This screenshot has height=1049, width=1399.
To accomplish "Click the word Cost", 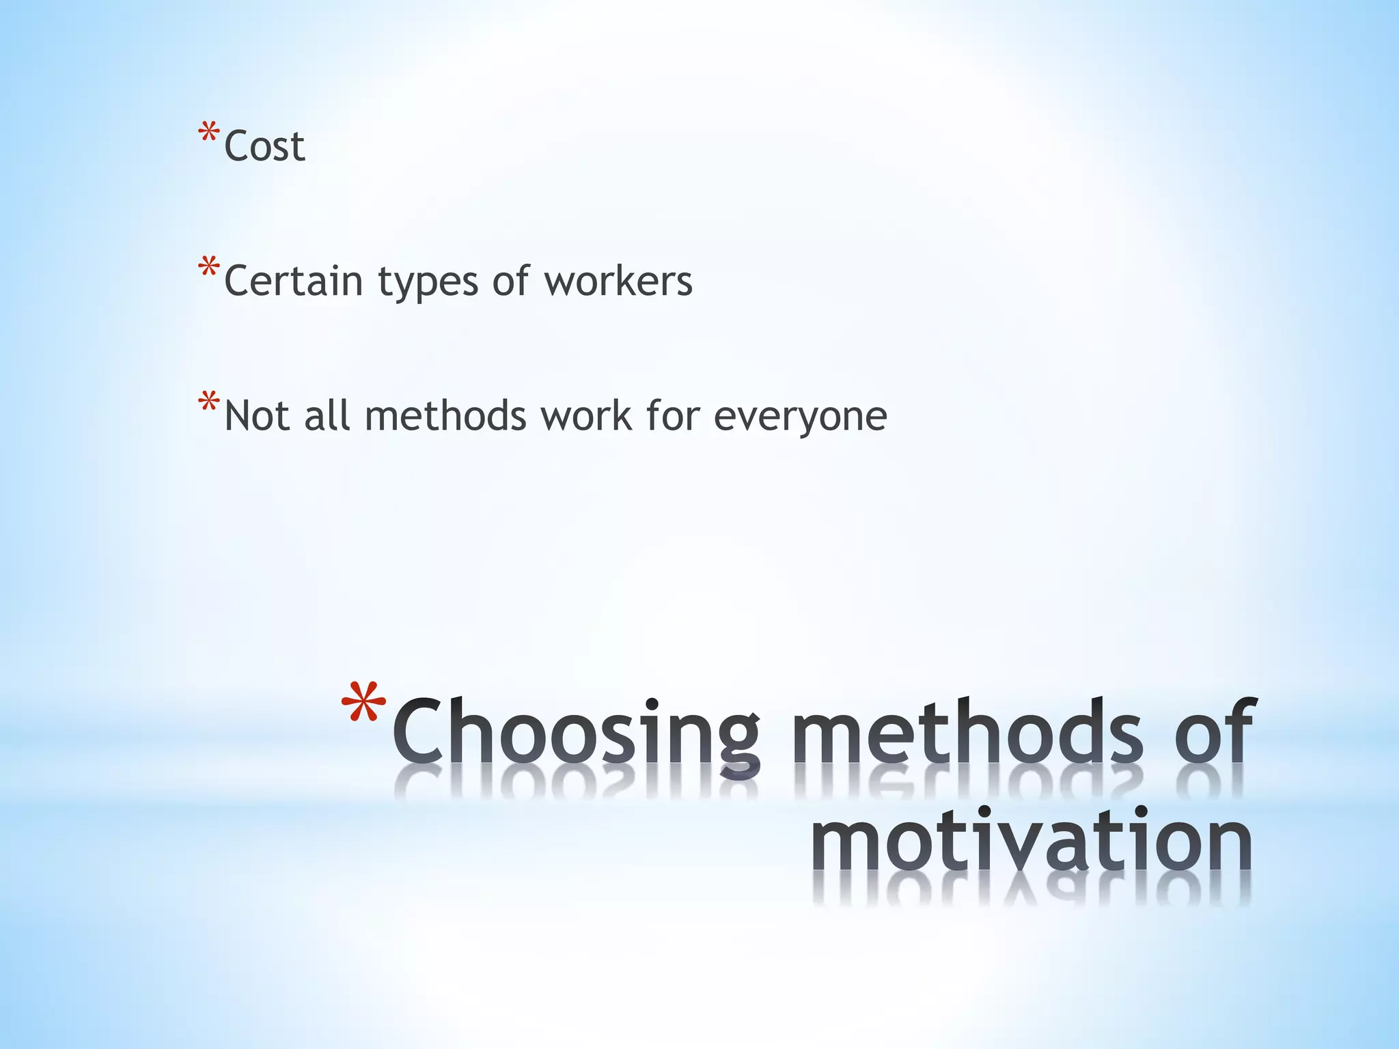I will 264,146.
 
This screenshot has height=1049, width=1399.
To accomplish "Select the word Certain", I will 293,281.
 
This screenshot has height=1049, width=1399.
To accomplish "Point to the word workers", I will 618,281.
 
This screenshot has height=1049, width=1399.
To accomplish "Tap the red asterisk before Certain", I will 208,268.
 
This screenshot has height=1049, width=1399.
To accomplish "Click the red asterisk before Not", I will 208,403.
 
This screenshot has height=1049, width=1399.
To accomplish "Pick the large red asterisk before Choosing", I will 363,703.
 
